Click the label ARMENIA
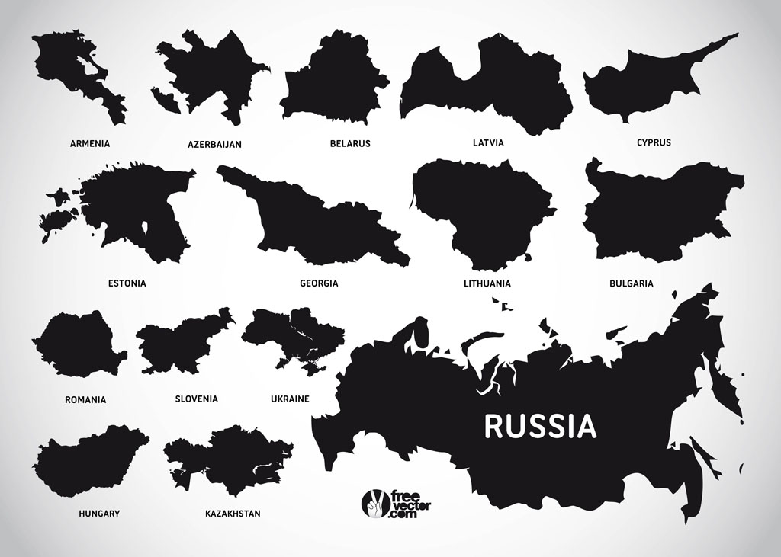point(90,143)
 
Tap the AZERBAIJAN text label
point(214,144)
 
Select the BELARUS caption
point(350,143)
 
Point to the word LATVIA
point(488,142)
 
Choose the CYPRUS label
point(654,142)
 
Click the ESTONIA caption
point(127,283)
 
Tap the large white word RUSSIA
point(540,427)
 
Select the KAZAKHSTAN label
point(233,514)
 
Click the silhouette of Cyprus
point(641,84)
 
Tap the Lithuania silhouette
point(480,210)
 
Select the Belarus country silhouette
point(336,84)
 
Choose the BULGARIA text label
point(631,283)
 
